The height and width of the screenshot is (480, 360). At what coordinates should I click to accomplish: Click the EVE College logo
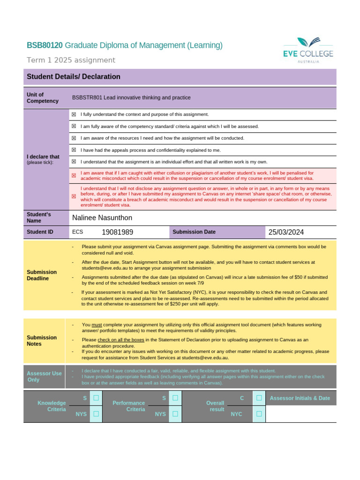tap(308, 50)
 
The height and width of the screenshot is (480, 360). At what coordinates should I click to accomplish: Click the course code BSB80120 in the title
tap(45, 45)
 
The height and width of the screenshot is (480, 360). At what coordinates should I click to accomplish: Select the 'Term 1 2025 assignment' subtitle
tap(71, 60)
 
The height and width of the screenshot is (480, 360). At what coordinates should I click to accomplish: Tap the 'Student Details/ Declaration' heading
tap(74, 77)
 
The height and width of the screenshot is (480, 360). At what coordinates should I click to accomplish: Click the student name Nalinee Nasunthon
tap(102, 217)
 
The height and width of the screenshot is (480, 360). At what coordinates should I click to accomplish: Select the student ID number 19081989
tap(117, 232)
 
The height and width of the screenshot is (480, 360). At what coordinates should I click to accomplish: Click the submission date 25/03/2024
tap(286, 232)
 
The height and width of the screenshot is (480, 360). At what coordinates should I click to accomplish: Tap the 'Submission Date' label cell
tap(194, 232)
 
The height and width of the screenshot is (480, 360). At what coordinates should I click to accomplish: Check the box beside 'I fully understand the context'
tap(74, 114)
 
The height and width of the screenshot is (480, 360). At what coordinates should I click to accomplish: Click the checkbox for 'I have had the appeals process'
tap(74, 150)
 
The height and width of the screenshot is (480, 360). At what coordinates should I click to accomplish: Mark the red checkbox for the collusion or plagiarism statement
tap(74, 175)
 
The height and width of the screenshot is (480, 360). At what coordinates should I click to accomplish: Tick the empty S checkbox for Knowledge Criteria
tap(96, 398)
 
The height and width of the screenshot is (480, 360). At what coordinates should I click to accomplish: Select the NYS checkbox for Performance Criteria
tap(175, 414)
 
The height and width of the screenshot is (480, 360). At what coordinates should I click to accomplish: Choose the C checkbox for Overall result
tap(259, 398)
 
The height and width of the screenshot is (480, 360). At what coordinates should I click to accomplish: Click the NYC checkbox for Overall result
tap(259, 414)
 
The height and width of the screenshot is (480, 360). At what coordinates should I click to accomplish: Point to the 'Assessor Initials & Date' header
tap(300, 398)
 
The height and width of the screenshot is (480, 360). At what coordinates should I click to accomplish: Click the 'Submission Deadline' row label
tap(42, 275)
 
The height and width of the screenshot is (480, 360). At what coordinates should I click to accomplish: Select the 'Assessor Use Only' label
tap(44, 376)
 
